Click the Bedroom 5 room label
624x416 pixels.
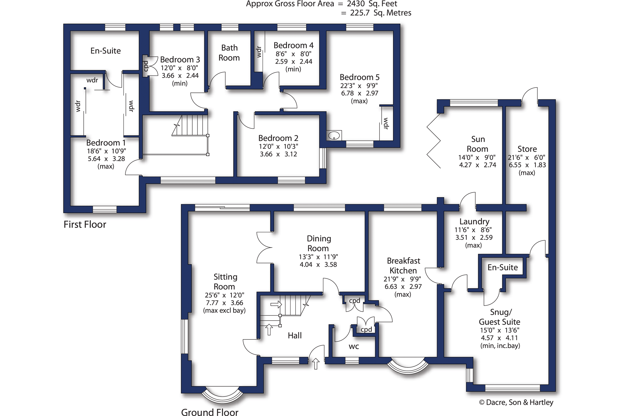coord(360,77)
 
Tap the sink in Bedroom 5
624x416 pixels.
coord(334,136)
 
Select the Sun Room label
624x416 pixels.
coord(478,144)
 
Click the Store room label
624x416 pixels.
coord(527,149)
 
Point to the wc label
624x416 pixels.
coord(354,346)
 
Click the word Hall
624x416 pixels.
coord(295,336)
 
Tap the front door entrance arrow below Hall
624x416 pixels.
coord(316,364)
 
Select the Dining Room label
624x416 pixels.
coord(318,243)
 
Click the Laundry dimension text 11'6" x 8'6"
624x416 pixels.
coord(473,230)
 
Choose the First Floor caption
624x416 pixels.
coord(85,225)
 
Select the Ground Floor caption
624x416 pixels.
coord(210,412)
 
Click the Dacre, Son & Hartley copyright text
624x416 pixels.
coord(516,402)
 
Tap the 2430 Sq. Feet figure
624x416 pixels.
coord(372,4)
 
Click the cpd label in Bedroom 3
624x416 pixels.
coord(146,66)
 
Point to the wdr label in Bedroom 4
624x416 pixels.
coord(259,52)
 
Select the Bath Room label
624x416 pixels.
coord(229,53)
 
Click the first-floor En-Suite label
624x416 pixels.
coord(106,51)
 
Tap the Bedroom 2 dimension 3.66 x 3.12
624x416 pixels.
coord(278,154)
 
